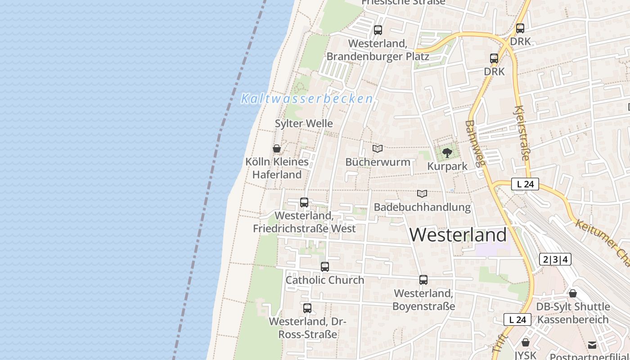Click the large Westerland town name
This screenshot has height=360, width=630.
point(458,235)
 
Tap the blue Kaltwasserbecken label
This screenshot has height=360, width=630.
point(307,99)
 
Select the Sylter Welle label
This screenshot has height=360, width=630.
point(304,123)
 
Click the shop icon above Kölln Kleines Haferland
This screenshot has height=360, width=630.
point(277,148)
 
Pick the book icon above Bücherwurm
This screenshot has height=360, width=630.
point(378,148)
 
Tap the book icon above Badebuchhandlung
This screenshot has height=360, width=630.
point(422,194)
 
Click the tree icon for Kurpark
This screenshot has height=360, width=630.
point(447,153)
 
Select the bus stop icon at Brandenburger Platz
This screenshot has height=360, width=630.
point(378,30)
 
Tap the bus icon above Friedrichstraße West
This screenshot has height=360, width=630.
point(304,202)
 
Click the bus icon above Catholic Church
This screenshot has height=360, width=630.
point(325,267)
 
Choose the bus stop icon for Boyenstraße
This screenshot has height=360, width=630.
point(423,280)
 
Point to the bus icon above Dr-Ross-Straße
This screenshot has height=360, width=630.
point(307,308)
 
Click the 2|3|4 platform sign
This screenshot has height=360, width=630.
point(555,259)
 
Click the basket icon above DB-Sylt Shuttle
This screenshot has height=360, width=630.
point(573,293)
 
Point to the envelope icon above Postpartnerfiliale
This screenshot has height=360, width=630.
point(592,345)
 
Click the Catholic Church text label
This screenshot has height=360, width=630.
point(325,280)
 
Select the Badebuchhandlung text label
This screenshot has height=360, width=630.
point(422,207)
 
